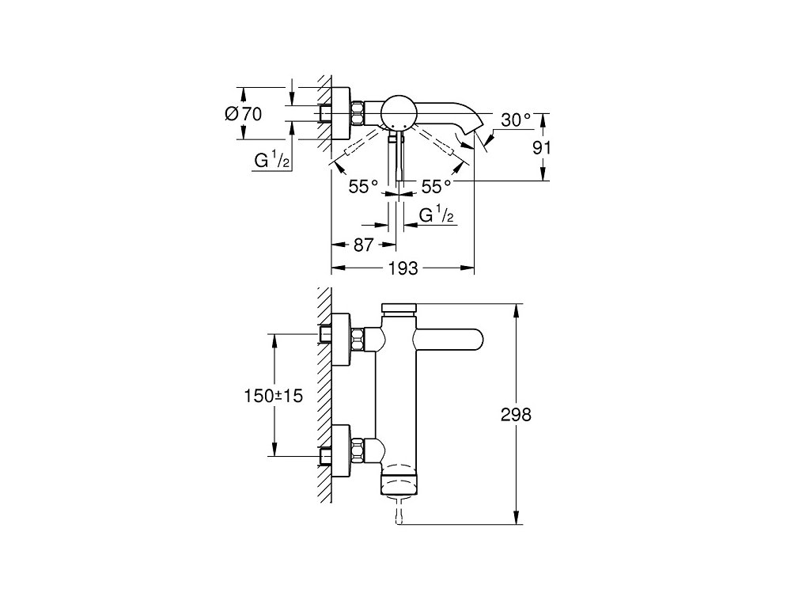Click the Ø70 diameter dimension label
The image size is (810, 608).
[243, 114]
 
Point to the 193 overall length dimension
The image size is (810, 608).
[402, 268]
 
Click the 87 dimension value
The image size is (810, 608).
[362, 245]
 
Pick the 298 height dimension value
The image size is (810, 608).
[517, 414]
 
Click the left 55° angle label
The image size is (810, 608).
[364, 187]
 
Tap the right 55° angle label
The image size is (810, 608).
[436, 187]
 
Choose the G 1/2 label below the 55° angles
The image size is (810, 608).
[436, 215]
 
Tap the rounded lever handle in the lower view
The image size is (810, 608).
[451, 341]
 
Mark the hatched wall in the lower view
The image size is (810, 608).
[324, 396]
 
